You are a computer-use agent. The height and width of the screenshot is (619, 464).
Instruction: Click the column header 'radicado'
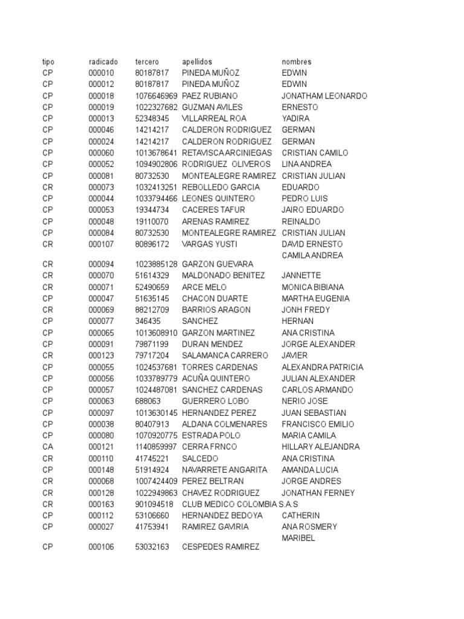(x=103, y=62)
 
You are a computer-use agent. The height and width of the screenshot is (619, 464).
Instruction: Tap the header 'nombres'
(x=297, y=62)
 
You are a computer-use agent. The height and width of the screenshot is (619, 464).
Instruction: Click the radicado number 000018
(x=101, y=96)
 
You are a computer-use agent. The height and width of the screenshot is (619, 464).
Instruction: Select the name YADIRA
(x=295, y=119)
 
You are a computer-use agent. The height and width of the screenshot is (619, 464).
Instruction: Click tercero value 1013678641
(x=156, y=153)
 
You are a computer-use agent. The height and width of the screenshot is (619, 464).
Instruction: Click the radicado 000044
(x=101, y=199)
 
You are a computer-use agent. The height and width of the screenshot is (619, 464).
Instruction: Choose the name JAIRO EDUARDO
(x=312, y=210)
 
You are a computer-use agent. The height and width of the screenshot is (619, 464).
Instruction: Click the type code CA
(x=48, y=447)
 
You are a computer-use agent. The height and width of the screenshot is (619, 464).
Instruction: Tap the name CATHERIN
(x=300, y=516)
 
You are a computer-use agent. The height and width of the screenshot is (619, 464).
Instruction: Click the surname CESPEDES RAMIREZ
(x=221, y=548)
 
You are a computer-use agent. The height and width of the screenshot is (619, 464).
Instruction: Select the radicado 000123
(x=101, y=355)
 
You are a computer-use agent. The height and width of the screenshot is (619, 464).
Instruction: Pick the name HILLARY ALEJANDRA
(x=321, y=447)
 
